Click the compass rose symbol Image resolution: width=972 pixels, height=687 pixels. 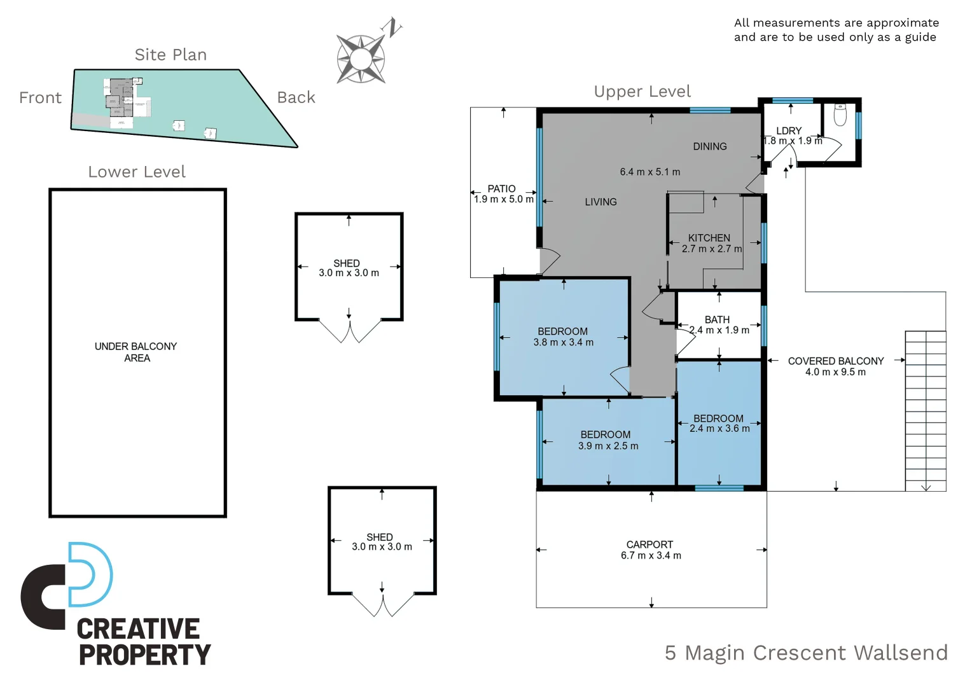[361, 59]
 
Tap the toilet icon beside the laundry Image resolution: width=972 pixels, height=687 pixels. [840, 114]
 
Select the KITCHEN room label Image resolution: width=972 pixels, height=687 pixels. [709, 238]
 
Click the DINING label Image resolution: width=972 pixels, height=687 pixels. [710, 146]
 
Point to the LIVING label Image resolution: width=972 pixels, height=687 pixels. [601, 202]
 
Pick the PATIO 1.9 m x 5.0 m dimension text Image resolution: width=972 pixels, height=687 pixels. [504, 199]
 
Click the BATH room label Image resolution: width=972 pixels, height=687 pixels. [718, 319]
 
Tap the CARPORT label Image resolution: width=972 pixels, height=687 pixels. [649, 545]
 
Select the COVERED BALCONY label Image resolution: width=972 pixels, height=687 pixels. [836, 361]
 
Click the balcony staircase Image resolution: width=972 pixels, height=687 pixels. [926, 411]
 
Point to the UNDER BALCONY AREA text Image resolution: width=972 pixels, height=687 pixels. [136, 352]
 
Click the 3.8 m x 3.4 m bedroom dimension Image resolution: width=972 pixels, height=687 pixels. [564, 342]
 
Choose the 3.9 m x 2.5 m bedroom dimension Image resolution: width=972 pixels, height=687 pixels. [608, 446]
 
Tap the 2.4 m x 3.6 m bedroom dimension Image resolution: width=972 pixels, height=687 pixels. [720, 428]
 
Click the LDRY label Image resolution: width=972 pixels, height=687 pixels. [789, 130]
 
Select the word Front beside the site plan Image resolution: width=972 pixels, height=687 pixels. [40, 98]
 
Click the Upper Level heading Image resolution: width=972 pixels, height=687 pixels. [642, 92]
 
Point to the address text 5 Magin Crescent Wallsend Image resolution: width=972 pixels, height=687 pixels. [806, 653]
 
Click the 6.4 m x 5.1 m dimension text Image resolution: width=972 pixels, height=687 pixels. [650, 172]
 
